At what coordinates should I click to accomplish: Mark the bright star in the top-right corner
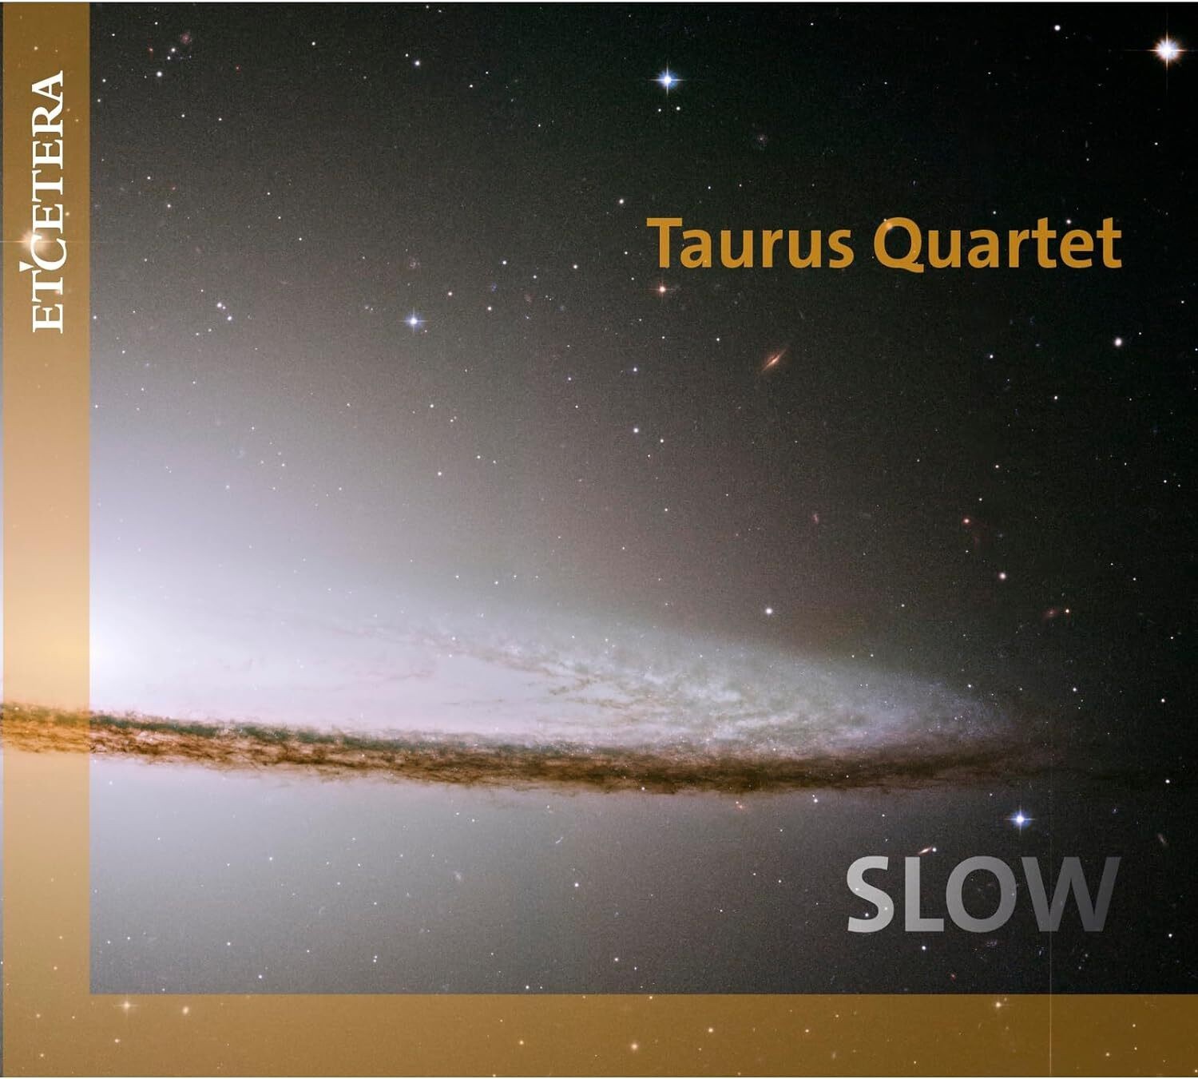coord(1168,50)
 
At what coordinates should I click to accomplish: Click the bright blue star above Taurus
coord(668,79)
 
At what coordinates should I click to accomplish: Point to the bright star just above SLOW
coord(1021,819)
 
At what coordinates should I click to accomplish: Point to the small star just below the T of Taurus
coord(661,288)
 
